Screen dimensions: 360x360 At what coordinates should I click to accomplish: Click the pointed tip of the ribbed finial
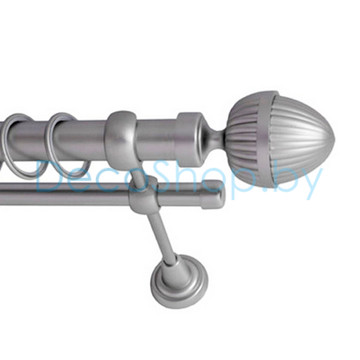(334, 140)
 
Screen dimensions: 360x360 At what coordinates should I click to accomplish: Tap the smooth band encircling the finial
(267, 138)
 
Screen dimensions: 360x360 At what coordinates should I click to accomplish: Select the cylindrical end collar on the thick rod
(190, 139)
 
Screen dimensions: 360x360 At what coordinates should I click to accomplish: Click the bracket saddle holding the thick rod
(121, 139)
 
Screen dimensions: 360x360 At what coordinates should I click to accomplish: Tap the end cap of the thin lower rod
(212, 195)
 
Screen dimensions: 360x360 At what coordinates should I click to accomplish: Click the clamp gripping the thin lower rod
(143, 196)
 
